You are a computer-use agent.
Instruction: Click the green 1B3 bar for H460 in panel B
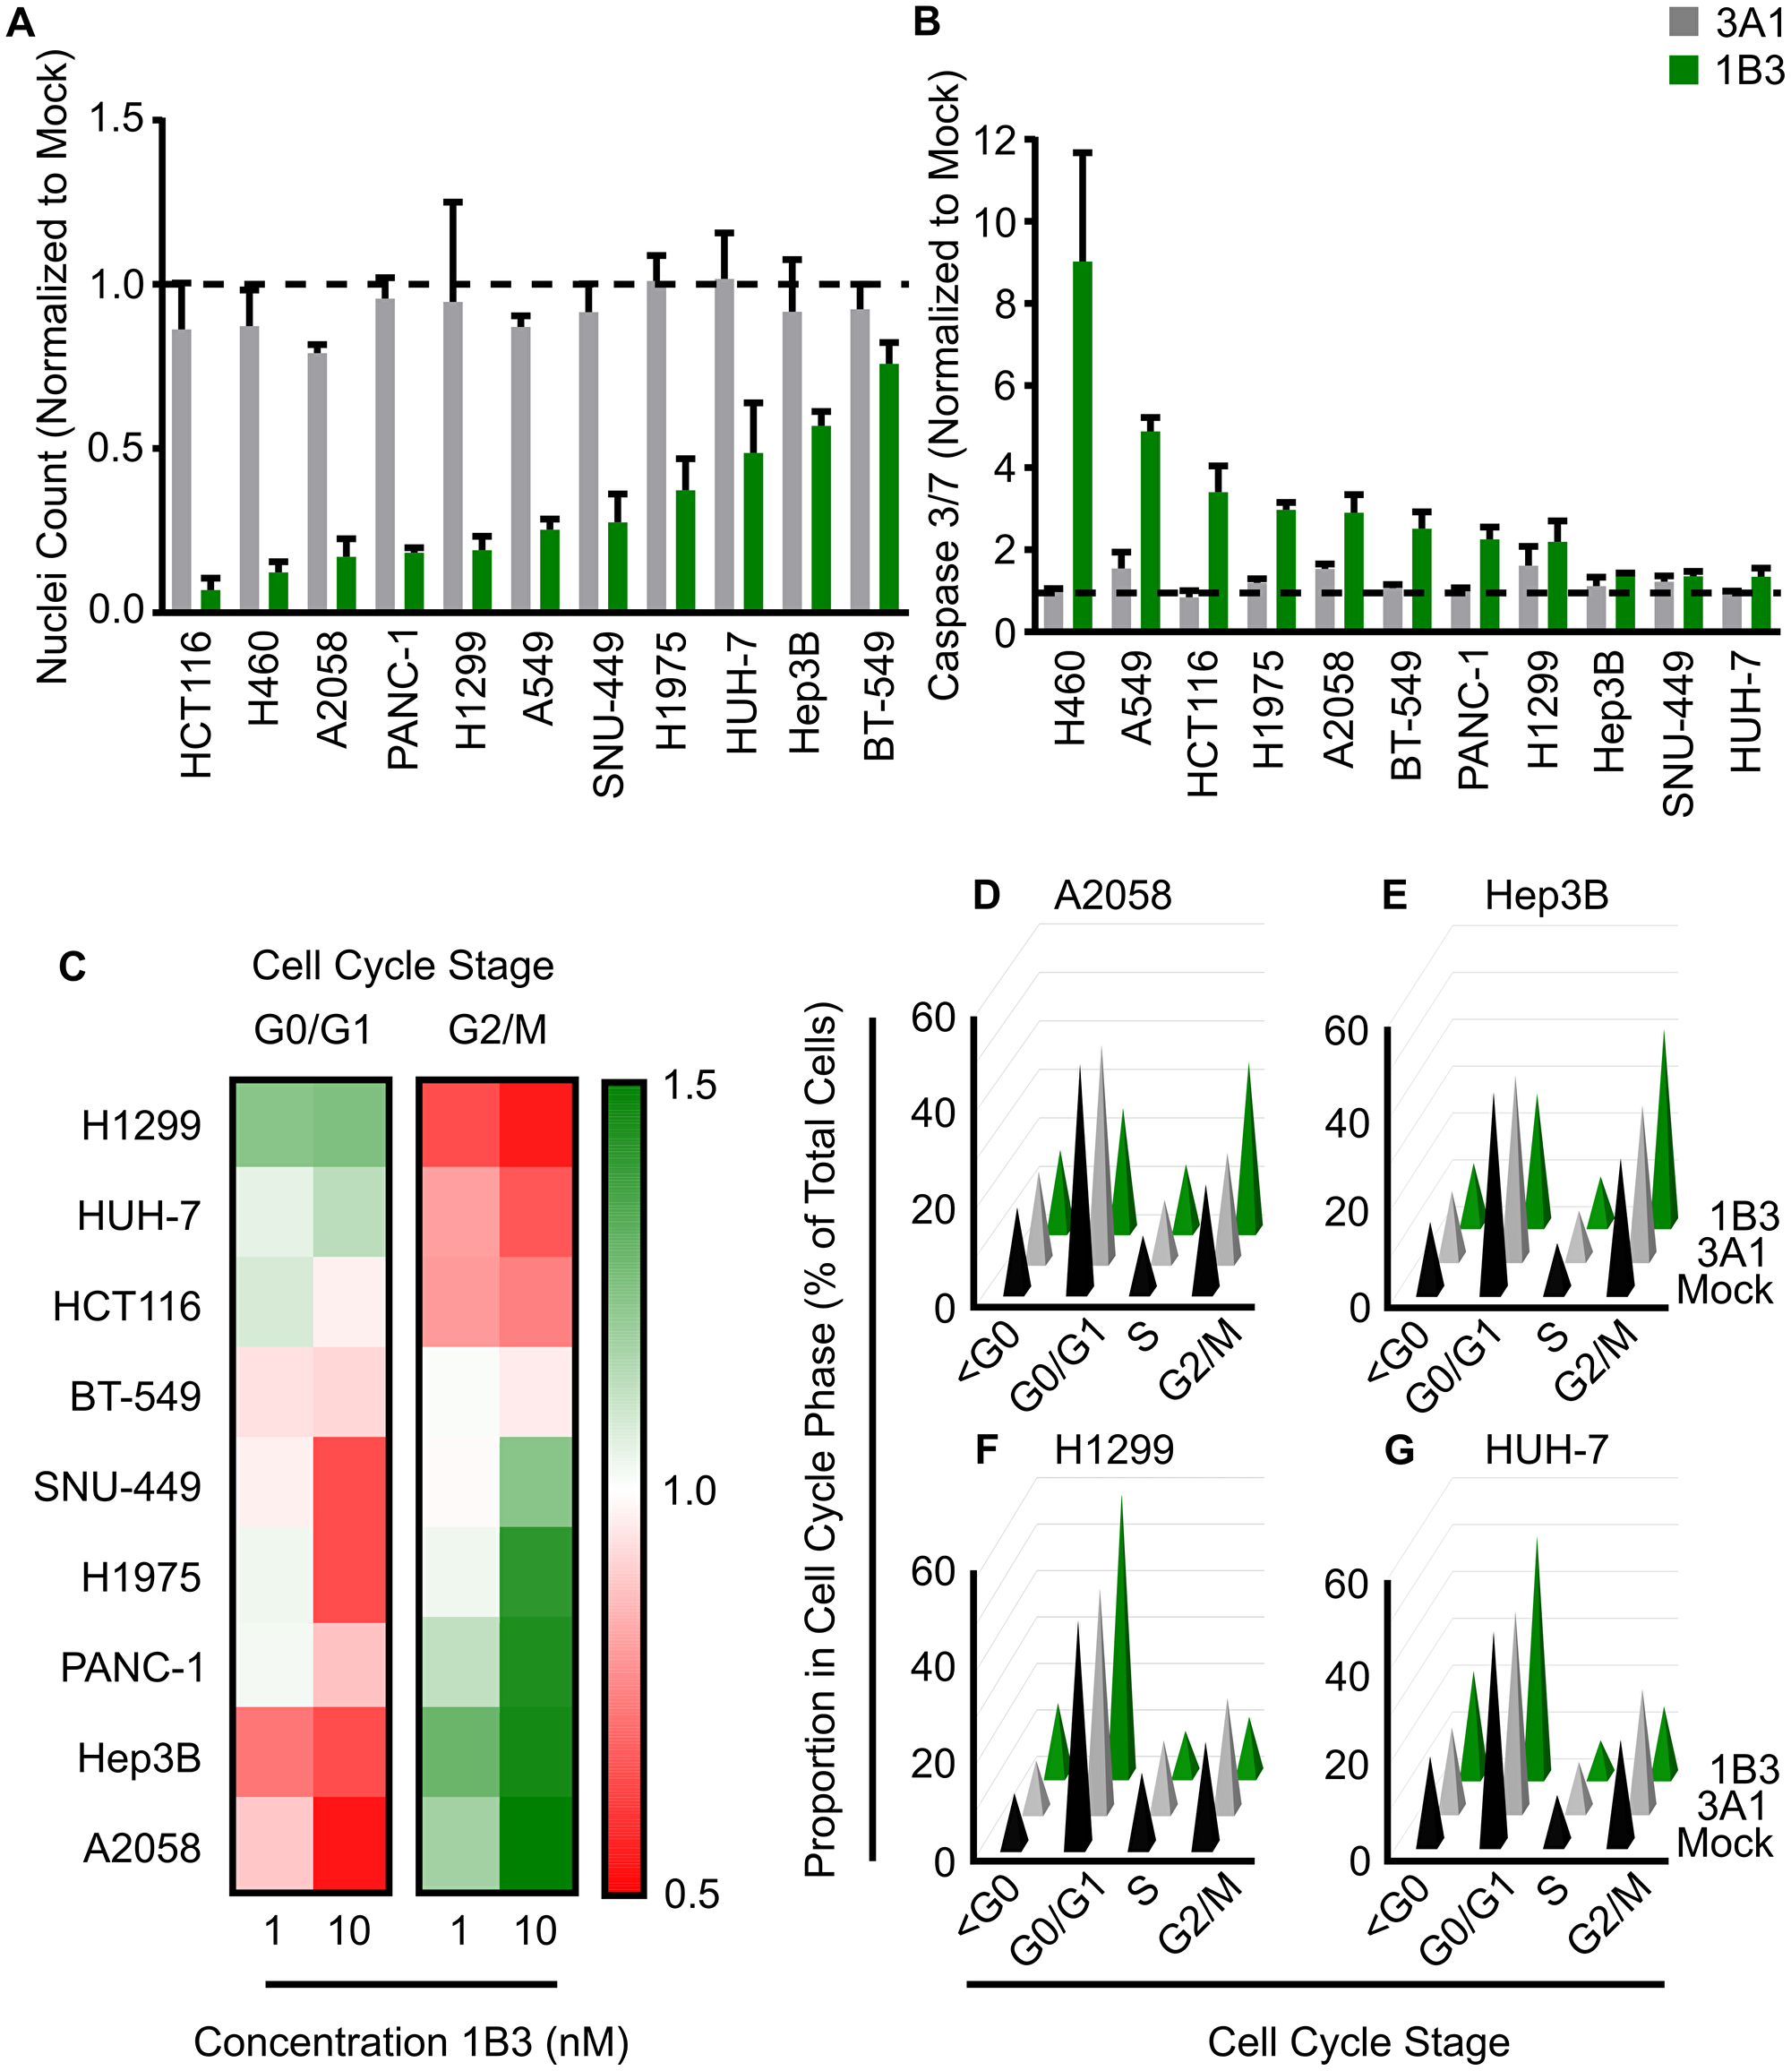1082,445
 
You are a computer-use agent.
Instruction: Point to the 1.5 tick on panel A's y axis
117,119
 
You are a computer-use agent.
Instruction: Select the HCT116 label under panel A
197,705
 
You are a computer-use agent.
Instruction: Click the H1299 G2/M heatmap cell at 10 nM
536,1123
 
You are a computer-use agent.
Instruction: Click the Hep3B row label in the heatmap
140,1758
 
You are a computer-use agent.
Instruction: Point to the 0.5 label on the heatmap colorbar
690,1894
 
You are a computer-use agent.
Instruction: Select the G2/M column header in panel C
497,1029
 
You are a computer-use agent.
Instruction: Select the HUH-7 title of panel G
1547,1449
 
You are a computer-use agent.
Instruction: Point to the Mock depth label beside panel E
1724,1291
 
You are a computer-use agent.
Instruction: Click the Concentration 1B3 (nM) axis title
411,2041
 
